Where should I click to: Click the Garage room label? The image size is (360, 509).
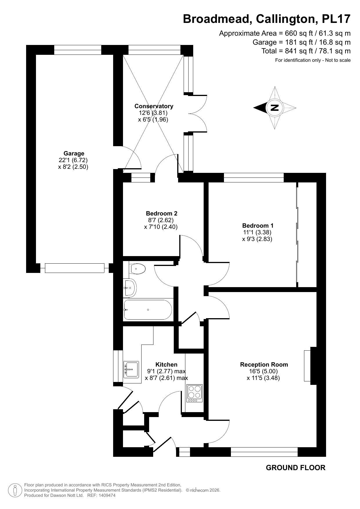[x=74, y=153]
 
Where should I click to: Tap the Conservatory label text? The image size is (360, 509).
[x=154, y=106]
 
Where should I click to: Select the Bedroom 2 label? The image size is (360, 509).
[x=162, y=213]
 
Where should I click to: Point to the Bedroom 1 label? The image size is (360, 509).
[x=258, y=225]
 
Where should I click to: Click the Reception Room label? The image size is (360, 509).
[x=264, y=365]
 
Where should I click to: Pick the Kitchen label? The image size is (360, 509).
[x=166, y=365]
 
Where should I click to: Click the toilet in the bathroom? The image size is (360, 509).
[x=138, y=269]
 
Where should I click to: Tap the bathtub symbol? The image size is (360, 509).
[x=148, y=310]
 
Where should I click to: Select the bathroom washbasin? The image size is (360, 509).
[x=130, y=288]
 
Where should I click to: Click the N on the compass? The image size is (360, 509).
[x=274, y=108]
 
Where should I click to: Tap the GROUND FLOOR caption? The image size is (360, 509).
[x=295, y=468]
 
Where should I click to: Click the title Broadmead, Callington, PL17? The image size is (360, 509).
[x=267, y=19]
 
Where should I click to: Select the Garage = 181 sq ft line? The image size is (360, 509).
[x=301, y=42]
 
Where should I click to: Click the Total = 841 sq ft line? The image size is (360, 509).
[x=306, y=51]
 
